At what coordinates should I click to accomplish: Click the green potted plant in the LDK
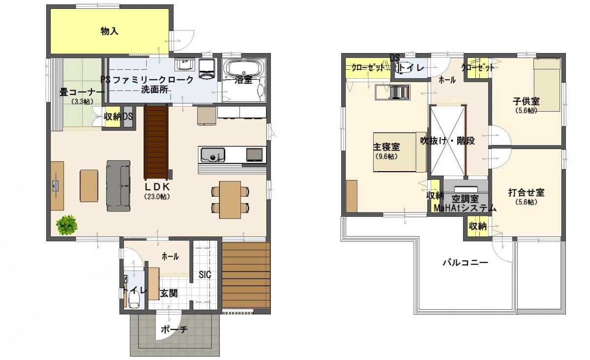pos(67,225)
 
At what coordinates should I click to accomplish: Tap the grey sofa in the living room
pos(118,186)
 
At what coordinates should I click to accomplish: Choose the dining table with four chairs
pos(230,199)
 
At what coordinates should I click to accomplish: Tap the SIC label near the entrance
pos(205,275)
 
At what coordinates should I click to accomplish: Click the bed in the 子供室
pos(547,84)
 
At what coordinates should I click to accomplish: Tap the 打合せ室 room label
pos(526,193)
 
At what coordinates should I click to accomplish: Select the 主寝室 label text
pos(385,147)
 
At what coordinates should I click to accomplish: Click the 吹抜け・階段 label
pos(447,141)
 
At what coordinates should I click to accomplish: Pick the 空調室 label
pos(465,199)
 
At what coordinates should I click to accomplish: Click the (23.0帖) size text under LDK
pos(157,196)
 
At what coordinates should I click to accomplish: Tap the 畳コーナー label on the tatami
pos(82,92)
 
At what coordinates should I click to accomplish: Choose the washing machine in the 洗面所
pos(206,69)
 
